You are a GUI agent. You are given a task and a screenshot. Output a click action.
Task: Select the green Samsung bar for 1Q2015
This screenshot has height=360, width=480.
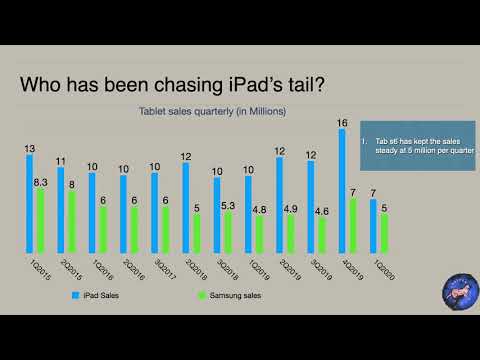pos(39,221)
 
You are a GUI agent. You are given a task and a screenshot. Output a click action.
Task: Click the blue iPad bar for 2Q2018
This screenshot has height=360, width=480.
pos(186,208)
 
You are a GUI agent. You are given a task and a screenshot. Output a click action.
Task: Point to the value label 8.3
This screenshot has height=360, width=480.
pos(42,182)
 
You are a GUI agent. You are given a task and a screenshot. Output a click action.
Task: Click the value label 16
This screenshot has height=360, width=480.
pos(342,123)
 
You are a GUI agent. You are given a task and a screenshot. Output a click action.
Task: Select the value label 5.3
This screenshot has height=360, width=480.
pos(228,205)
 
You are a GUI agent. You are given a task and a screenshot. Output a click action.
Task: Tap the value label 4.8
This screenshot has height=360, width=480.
pos(259,209)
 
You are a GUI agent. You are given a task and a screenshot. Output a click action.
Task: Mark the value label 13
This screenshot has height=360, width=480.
pos(29,148)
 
